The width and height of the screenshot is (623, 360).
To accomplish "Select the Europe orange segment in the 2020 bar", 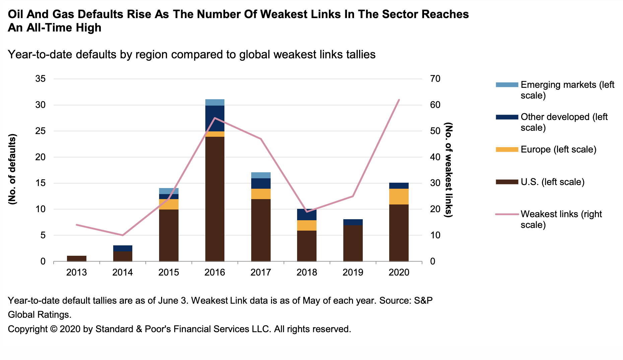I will tap(399, 196).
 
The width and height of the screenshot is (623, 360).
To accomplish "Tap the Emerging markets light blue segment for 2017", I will tap(261, 175).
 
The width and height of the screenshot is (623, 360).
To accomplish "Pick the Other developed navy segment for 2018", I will tap(306, 215).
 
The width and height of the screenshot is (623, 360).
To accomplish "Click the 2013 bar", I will tap(77, 258).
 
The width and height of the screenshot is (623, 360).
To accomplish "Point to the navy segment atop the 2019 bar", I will tap(353, 222).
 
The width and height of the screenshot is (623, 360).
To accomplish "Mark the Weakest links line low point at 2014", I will tap(123, 235).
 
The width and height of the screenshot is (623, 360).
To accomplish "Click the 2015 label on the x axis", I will tap(168, 272).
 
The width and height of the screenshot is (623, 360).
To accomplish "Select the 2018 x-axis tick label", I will tap(306, 272).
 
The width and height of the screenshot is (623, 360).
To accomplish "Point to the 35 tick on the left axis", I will tap(40, 79).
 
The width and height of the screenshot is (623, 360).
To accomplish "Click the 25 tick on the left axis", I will tap(40, 131).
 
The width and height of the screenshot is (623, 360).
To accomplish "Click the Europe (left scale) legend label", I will tap(558, 149).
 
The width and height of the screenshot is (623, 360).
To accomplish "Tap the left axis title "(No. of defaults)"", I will tap(12, 169).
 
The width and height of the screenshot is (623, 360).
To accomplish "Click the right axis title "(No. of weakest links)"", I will tap(448, 169).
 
